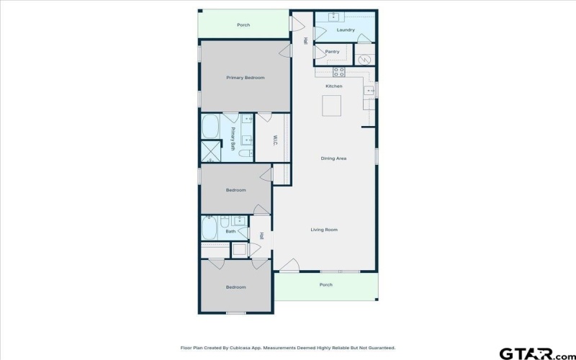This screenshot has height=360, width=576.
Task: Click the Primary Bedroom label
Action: [x=246, y=78]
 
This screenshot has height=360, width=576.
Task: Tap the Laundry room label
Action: [x=346, y=30]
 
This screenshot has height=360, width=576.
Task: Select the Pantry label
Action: [x=332, y=52]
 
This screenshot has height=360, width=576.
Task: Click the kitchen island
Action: [x=332, y=106]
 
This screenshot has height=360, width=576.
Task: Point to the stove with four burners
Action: [x=338, y=72]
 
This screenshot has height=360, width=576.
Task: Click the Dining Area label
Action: [x=333, y=158]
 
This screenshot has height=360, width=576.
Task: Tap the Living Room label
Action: [x=324, y=230]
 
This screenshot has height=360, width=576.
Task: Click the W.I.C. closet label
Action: [x=275, y=140]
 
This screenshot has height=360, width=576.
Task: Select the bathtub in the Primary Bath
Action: [x=210, y=127]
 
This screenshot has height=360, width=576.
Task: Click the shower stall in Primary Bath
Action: [x=211, y=151]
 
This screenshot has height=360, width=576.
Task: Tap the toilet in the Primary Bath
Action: [x=246, y=153]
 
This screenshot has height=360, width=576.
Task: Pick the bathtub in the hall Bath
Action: [x=210, y=228]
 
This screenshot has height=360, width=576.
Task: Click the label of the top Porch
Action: [x=243, y=25]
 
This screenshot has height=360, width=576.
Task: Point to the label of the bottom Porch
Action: [x=326, y=284]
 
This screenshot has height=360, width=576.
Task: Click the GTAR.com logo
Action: [x=537, y=354]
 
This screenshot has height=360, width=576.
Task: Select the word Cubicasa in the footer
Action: [x=238, y=348]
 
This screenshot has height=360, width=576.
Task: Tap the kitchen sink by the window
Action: [x=369, y=90]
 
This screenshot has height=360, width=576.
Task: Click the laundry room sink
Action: [x=334, y=16]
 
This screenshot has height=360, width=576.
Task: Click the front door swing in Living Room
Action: [x=290, y=265]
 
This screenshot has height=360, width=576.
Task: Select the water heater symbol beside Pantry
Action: [x=364, y=60]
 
